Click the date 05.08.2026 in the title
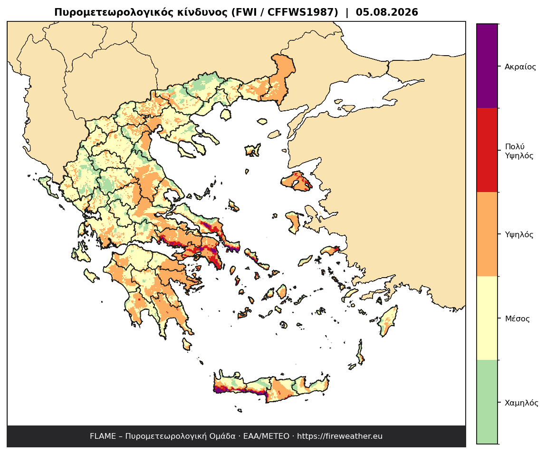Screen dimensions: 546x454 (387, 12)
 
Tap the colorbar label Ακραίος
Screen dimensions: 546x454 (520, 67)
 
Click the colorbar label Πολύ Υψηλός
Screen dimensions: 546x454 (519, 151)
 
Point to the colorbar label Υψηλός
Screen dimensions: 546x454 (519, 234)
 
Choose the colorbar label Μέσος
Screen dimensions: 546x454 (517, 319)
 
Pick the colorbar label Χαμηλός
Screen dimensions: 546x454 (521, 403)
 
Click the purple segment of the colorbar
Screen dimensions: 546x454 (487, 66)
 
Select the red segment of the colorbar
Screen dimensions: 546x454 (487, 150)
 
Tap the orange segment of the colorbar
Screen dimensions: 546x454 (487, 234)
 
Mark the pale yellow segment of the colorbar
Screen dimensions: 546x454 (487, 318)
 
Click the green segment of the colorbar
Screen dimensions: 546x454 (487, 402)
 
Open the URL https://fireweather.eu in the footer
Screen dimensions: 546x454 (339, 436)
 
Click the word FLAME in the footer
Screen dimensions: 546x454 (103, 436)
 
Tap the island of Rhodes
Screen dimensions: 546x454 (388, 321)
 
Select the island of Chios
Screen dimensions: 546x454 (293, 222)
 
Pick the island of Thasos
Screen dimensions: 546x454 (226, 114)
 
